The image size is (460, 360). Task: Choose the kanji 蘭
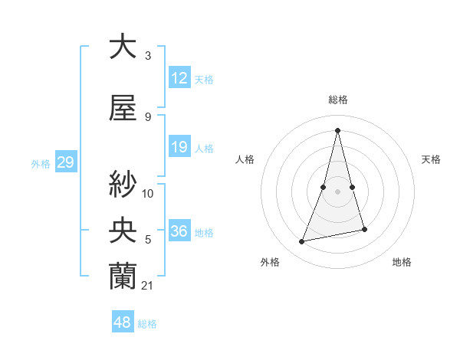tap(123, 277)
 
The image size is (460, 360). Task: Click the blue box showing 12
tap(179, 78)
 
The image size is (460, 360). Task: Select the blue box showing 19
tap(179, 147)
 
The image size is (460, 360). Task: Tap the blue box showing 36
tap(179, 231)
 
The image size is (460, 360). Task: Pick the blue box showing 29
tap(65, 162)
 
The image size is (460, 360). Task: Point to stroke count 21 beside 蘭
tap(147, 286)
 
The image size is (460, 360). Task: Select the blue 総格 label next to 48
tap(147, 324)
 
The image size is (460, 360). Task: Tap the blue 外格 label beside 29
tap(41, 163)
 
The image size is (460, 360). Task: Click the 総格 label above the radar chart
tap(337, 100)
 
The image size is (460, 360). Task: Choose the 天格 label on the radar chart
tap(432, 159)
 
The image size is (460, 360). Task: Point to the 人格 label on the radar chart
tap(245, 159)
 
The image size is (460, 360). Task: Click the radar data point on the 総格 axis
tap(337, 130)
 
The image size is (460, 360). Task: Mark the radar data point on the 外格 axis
tap(302, 242)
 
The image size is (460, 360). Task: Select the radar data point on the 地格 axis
tap(364, 229)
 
